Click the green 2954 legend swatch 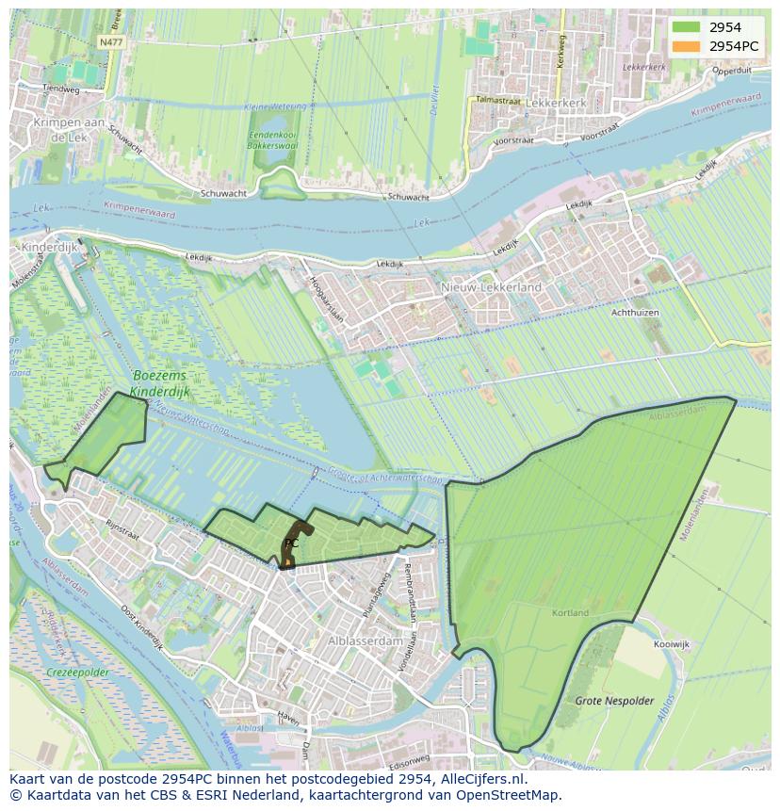click(686, 27)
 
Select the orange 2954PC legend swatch click(686, 46)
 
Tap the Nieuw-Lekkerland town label click(491, 286)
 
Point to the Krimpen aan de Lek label click(67, 130)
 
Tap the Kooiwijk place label click(671, 644)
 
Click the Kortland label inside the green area click(570, 612)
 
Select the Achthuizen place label click(635, 312)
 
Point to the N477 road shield click(110, 42)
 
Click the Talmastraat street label click(498, 99)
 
